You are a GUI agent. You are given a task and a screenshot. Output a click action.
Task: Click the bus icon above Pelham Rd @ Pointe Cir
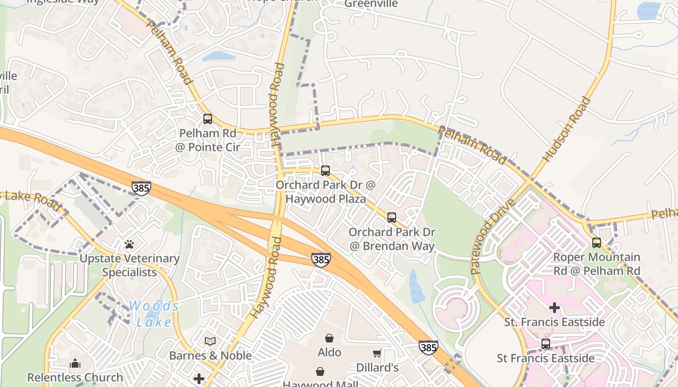pos(208,119)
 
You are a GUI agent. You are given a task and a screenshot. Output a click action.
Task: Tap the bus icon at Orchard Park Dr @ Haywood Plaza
pos(325,170)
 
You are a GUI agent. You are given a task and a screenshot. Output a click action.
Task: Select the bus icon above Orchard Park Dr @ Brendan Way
pos(392,217)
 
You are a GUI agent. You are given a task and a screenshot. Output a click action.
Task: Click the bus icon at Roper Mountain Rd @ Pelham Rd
pos(597,242)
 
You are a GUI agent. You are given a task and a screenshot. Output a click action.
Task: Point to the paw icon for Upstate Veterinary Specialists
pos(129,244)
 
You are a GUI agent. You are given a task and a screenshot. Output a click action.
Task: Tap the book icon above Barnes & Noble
pos(210,342)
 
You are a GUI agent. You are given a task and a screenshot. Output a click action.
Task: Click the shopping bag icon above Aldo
pos(329,338)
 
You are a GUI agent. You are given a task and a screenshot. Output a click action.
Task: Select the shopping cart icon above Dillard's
pos(377,354)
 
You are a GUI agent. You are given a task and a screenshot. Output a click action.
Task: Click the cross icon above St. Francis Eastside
pos(555,308)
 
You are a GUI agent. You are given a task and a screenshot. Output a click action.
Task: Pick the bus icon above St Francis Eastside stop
pos(546,344)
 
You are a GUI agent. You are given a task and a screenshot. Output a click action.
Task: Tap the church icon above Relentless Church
pos(75,363)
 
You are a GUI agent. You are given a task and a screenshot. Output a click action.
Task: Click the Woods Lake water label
pos(154,313)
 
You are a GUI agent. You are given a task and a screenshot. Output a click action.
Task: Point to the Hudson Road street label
pos(567,129)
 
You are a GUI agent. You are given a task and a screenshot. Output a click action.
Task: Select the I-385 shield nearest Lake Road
pos(141,188)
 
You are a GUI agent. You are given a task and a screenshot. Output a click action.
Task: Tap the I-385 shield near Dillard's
pos(429,347)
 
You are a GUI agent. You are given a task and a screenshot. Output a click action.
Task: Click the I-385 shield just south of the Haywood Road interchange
pos(321,259)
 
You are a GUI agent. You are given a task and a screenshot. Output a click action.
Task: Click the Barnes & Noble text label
pos(210,356)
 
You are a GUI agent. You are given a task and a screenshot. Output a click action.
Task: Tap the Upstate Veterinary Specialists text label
pos(129,265)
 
